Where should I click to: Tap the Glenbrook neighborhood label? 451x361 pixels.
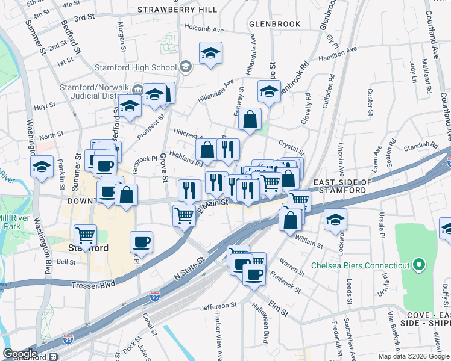274,24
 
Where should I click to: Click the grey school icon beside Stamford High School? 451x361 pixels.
186,66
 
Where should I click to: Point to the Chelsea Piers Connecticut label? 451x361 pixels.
361,265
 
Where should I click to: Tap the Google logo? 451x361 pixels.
20,354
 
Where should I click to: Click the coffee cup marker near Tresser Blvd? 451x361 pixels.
142,242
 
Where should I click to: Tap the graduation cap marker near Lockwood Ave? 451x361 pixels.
336,220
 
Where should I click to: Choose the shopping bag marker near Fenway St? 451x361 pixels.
250,119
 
